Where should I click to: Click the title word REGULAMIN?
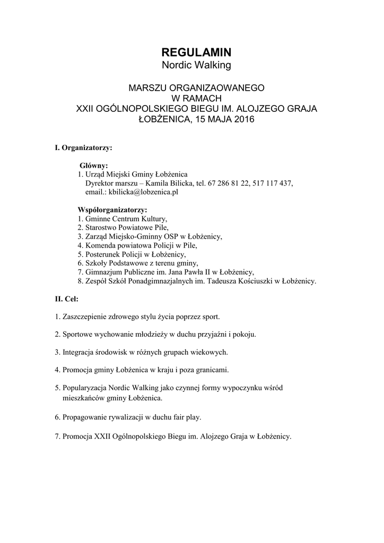pyautogui.click(x=196, y=52)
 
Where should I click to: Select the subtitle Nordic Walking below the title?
pyautogui.click(x=196, y=65)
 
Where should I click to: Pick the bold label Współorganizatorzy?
pyautogui.click(x=112, y=209)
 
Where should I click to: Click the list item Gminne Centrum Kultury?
pyautogui.click(x=126, y=218)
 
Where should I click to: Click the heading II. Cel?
pyautogui.click(x=67, y=299)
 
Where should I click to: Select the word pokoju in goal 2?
pyautogui.click(x=245, y=335)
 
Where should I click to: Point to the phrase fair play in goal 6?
pyautogui.click(x=186, y=417)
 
